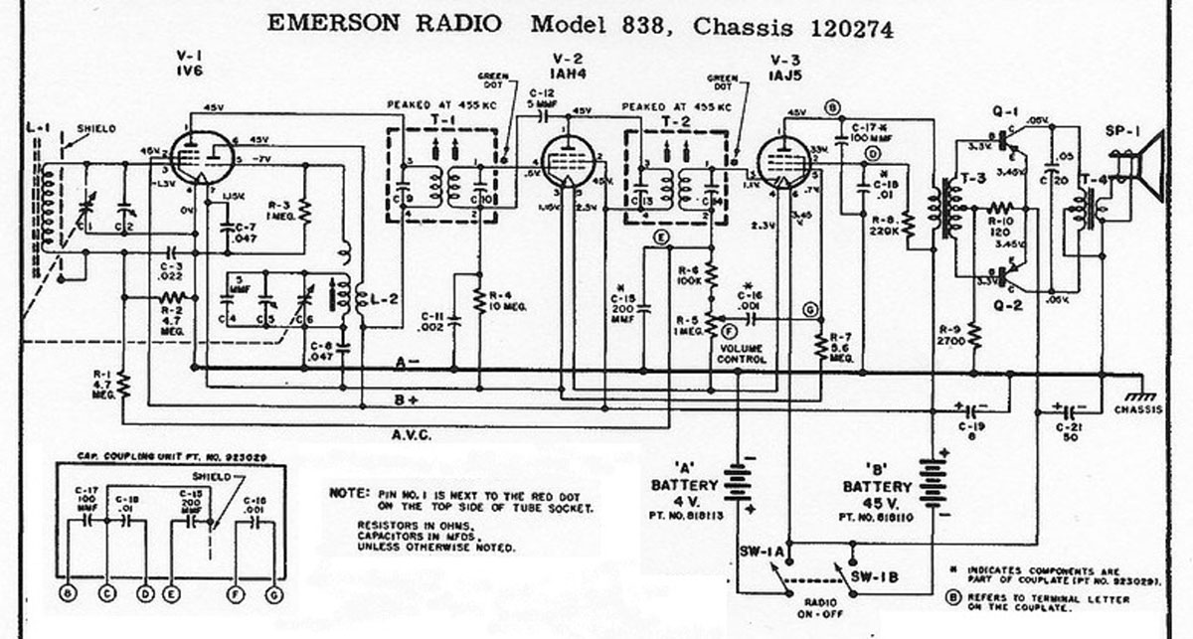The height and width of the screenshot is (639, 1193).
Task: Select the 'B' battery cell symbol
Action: click(x=934, y=485)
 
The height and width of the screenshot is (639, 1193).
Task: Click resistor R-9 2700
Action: click(x=976, y=336)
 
